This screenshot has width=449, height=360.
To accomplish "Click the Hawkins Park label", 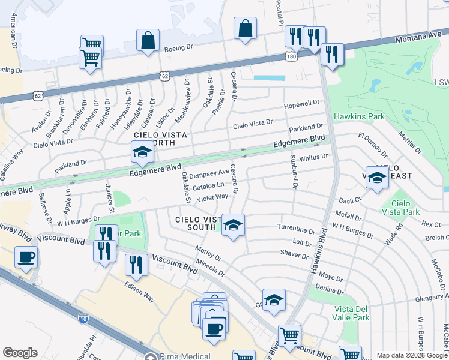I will point(360,116).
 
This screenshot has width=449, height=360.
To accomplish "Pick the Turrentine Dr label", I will point(296,229).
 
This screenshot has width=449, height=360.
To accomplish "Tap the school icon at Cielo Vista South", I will point(234,225).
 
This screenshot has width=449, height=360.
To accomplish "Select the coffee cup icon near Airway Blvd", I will point(26,258).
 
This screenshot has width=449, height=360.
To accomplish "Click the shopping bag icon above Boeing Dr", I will point(148,41).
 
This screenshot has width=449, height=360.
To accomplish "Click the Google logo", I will point(20,353).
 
